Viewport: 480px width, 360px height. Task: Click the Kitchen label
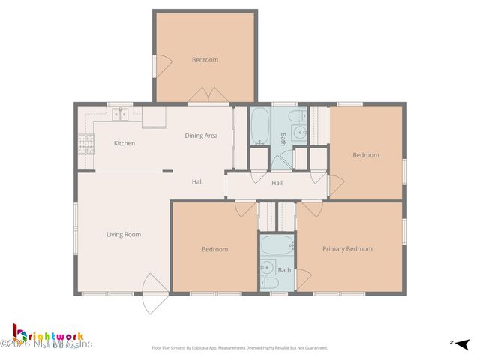(124, 143)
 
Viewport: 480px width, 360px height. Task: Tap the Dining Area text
(201, 136)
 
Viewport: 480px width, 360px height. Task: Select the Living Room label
(124, 235)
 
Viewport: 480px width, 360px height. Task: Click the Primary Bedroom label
(347, 249)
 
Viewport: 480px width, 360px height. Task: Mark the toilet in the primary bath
(271, 283)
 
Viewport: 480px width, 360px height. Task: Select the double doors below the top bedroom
(208, 95)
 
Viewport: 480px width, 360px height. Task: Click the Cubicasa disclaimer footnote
(240, 348)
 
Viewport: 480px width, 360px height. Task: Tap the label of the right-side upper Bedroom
(366, 155)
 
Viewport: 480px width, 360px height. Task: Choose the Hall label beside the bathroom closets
(277, 183)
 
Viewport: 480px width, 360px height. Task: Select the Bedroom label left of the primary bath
(214, 249)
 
